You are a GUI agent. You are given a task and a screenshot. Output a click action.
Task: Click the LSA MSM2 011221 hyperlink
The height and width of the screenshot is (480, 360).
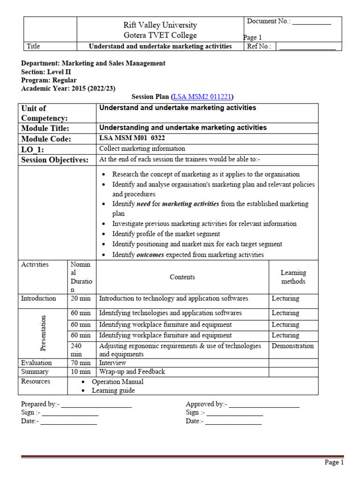pos(202,97)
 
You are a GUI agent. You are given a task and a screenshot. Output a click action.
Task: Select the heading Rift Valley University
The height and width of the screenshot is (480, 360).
pos(160,25)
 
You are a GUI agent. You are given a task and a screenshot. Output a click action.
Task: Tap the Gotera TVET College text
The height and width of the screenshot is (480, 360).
pos(160,35)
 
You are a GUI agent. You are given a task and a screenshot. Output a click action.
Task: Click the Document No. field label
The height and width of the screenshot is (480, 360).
pos(269,21)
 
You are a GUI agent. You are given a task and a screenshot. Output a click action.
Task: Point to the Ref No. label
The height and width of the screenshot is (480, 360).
pos(259,46)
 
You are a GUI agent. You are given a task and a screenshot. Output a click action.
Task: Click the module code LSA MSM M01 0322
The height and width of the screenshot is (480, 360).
pos(132,138)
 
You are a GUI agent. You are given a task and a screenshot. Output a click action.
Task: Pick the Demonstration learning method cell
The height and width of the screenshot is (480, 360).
pos(292,346)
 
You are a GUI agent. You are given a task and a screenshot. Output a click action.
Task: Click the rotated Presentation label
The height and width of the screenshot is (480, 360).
pos(43,333)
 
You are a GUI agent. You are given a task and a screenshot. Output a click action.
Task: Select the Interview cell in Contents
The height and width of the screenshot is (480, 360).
pos(112,363)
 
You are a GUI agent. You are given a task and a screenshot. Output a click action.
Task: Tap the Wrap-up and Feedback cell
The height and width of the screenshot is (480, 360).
pos(132,372)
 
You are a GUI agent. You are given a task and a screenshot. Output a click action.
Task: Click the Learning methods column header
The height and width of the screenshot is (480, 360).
pos(293,277)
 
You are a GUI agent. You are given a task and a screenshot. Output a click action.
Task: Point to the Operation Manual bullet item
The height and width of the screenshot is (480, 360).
pos(117,382)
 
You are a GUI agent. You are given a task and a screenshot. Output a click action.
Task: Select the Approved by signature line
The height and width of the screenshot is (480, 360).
pos(264,405)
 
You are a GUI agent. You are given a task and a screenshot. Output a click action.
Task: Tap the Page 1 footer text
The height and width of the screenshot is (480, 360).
pos(334,463)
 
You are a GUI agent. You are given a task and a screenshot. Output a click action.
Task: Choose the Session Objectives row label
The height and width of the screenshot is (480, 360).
pos(55,160)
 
